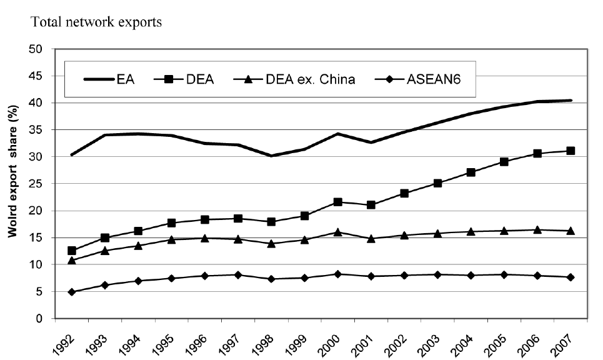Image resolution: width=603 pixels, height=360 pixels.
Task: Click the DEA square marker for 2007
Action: tap(571, 151)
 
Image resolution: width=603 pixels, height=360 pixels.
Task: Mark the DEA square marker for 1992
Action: tap(72, 251)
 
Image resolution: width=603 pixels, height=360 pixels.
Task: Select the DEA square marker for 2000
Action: tap(338, 202)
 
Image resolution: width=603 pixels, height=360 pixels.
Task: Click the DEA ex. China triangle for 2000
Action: tap(338, 232)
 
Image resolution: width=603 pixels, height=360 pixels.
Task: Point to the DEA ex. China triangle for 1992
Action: tap(72, 260)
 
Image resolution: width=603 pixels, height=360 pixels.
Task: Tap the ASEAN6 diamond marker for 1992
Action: tap(72, 292)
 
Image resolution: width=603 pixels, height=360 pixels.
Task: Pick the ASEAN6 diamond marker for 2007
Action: tap(571, 277)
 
